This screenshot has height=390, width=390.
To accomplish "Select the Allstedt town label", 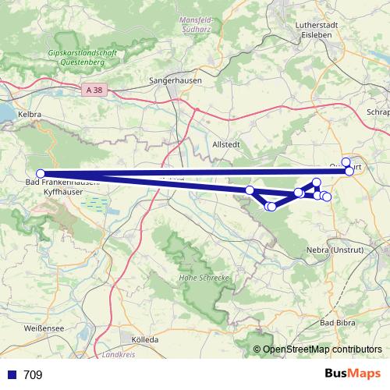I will coord(228,145).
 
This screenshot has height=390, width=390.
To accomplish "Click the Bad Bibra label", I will coord(338,322).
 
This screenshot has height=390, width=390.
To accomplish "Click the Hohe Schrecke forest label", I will coord(203,278).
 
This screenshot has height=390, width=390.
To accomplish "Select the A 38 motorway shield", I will coord(94,90).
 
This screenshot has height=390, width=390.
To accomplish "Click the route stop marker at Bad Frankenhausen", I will coord(41,174).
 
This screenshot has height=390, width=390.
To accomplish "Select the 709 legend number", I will coord(33,375).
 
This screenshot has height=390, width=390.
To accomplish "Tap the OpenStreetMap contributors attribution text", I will coord(322,349).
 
